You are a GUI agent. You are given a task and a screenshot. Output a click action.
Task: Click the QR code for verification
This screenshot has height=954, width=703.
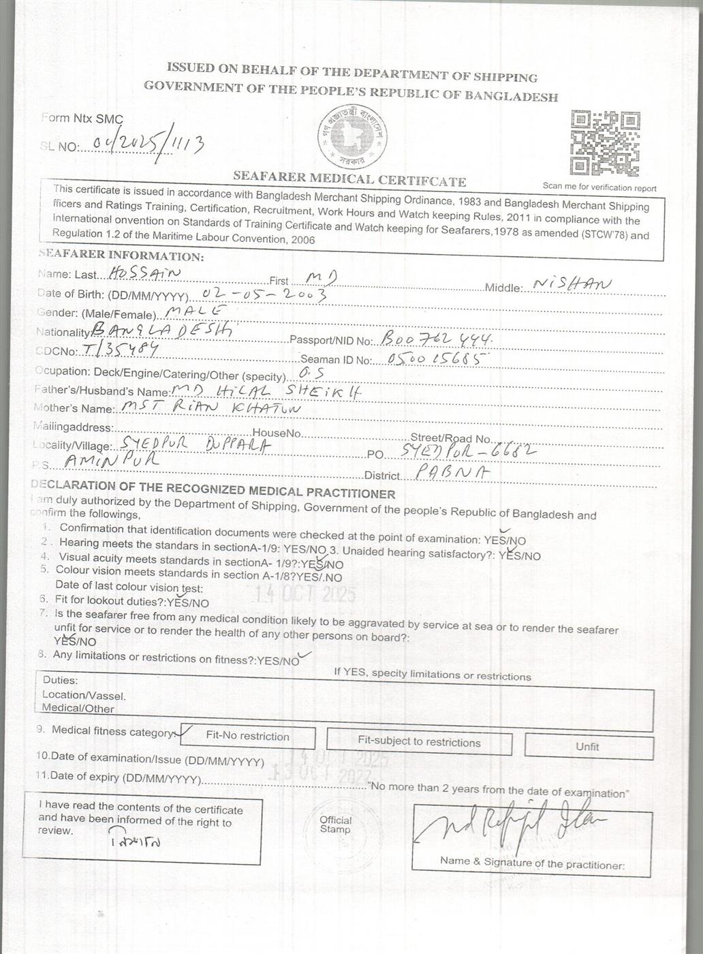(604, 142)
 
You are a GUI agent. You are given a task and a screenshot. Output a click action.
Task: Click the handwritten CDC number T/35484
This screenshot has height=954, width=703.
(119, 350)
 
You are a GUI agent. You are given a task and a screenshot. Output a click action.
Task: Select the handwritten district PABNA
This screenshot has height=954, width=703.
(443, 472)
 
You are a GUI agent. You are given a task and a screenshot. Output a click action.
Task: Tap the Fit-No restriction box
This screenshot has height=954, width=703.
(247, 737)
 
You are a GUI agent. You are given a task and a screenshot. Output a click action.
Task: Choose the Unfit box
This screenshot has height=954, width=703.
(587, 746)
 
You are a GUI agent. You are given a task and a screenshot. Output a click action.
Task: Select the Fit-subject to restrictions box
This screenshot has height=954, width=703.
(419, 742)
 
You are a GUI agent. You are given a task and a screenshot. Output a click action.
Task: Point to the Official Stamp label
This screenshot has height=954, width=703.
(336, 825)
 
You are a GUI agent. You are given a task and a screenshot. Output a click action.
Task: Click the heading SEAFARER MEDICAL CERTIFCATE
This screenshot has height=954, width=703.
(349, 179)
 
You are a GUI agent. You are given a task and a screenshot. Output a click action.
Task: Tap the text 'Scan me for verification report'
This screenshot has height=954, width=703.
(599, 187)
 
